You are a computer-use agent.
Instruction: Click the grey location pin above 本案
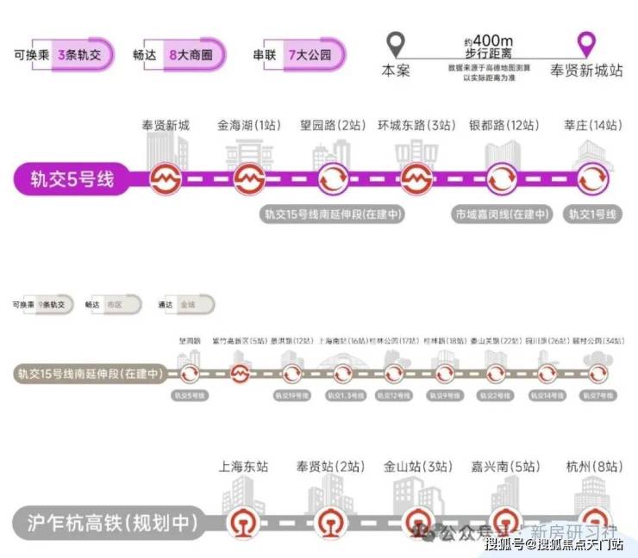[395, 43]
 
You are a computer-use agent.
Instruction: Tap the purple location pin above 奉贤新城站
[587, 43]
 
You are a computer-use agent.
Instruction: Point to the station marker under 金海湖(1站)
[249, 180]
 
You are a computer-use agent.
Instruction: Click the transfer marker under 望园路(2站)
[333, 180]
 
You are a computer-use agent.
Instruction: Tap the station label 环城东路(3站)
[416, 126]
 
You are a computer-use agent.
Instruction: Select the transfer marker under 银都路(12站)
[503, 180]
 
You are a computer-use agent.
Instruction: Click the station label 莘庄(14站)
[591, 126]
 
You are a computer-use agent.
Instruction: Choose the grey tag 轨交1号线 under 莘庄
[592, 214]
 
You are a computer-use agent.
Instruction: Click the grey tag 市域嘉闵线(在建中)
[503, 214]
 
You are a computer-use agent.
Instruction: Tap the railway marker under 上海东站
[239, 523]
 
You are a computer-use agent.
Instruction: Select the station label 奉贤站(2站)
[328, 467]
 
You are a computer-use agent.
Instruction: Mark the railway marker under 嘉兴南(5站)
[504, 523]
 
